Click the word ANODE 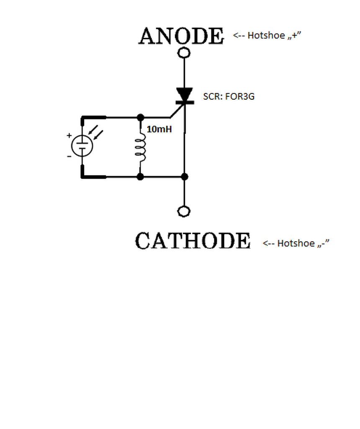[181, 36]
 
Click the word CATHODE [193, 241]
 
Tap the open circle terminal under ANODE [184, 53]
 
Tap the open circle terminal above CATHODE [184, 211]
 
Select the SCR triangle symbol [184, 94]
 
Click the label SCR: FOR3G [229, 96]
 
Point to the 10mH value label [159, 129]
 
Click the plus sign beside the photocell [69, 136]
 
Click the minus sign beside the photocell [69, 156]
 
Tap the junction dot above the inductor [141, 118]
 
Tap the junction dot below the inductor [141, 177]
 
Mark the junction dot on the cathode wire [184, 177]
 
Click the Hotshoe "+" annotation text [274, 35]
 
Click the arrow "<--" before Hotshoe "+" [239, 36]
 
